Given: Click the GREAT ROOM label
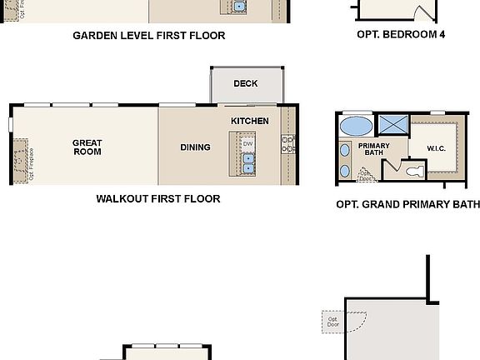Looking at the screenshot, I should click(x=87, y=147).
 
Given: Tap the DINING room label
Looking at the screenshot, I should click(x=195, y=147).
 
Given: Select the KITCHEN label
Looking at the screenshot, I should click(x=249, y=121).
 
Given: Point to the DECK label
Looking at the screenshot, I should click(x=245, y=83).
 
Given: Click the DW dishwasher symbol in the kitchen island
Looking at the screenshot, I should click(x=247, y=144).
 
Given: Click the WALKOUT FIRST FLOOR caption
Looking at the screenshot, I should click(x=157, y=199).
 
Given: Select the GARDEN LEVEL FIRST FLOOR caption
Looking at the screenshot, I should click(x=148, y=36).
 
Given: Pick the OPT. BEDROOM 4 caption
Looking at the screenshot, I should click(x=394, y=35).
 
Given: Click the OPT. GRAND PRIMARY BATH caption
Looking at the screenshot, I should click(x=407, y=204).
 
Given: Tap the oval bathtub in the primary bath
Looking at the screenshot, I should click(x=357, y=126).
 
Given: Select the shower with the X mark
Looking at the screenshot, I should click(x=392, y=125).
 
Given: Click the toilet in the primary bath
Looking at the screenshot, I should click(x=413, y=172).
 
